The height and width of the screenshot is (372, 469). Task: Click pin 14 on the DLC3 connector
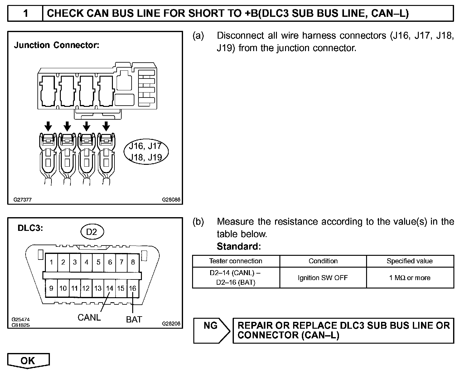(x=109, y=288)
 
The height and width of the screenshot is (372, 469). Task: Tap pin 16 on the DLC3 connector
(x=133, y=288)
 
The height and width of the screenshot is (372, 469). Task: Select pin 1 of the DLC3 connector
(x=51, y=262)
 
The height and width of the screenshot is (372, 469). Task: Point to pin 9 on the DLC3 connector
(x=51, y=288)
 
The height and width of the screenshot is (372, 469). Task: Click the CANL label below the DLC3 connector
(x=89, y=317)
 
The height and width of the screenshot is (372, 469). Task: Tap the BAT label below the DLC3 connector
(x=134, y=319)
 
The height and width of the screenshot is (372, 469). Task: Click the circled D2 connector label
(x=92, y=232)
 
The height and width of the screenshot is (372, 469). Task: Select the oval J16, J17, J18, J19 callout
(x=146, y=152)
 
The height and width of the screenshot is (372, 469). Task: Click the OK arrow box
(x=28, y=360)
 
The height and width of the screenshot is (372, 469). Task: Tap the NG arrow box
(x=211, y=329)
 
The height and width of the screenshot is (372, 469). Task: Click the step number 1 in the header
(x=26, y=13)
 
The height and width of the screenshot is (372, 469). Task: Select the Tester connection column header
(x=236, y=261)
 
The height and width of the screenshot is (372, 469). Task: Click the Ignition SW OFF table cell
(x=323, y=278)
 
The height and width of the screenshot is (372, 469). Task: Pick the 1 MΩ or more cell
(x=410, y=278)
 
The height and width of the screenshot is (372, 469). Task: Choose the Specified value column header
(x=410, y=261)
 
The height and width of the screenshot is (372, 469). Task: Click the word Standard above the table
(x=238, y=246)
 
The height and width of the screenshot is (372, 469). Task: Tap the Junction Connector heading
(x=56, y=45)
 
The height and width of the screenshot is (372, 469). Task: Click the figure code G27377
(x=22, y=199)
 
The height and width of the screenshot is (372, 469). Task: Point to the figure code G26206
(x=171, y=323)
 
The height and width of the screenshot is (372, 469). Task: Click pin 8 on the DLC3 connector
(x=133, y=262)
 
